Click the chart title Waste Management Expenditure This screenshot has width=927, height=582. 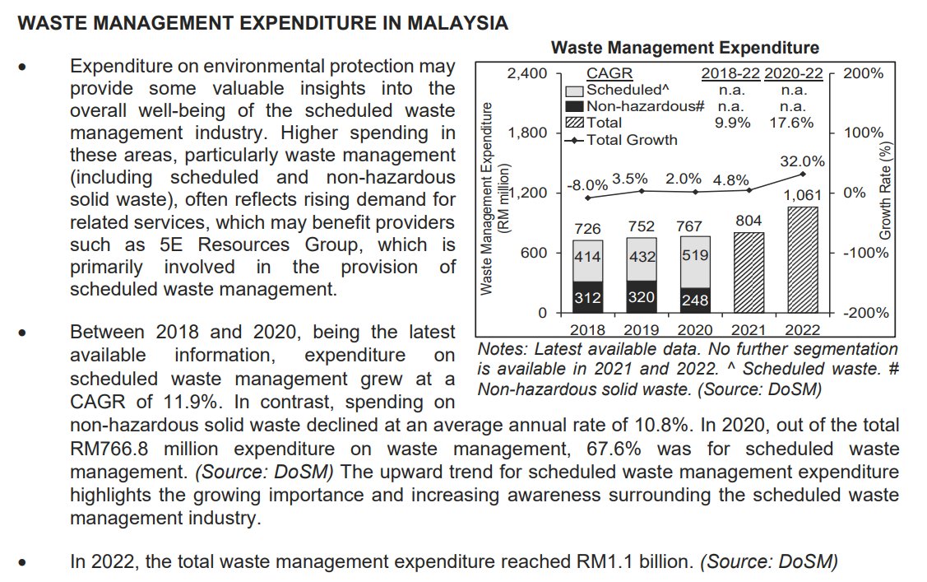[684, 48]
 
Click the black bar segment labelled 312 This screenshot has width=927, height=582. [587, 297]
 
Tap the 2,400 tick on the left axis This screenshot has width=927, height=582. [526, 73]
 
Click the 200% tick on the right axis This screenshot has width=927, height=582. [864, 73]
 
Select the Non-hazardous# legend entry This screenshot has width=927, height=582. [644, 106]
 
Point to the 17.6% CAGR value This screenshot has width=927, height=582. [793, 123]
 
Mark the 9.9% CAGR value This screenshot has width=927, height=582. [730, 123]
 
